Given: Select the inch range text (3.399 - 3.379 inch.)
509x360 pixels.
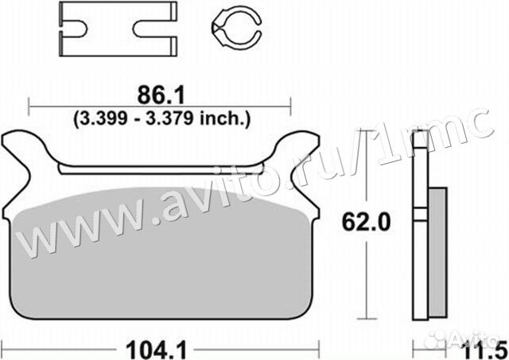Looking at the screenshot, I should (x=161, y=119).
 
